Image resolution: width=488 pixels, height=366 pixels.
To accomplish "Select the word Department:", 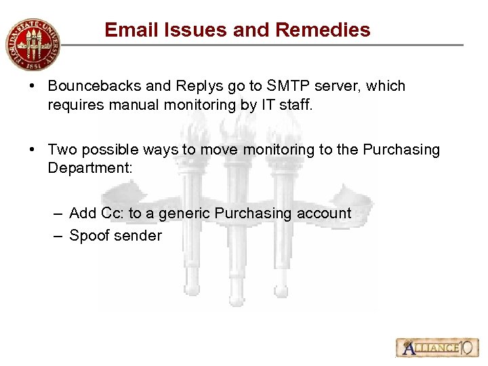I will [x=89, y=168].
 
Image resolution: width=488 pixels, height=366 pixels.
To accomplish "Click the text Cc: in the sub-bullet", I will [x=113, y=213].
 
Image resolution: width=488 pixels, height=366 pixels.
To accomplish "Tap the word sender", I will [x=140, y=236].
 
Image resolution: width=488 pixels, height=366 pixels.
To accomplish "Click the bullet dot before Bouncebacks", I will [x=33, y=87].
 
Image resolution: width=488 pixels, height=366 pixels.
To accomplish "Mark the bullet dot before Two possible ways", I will [x=33, y=150].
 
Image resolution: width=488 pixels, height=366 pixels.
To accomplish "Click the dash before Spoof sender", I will [x=57, y=236].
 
